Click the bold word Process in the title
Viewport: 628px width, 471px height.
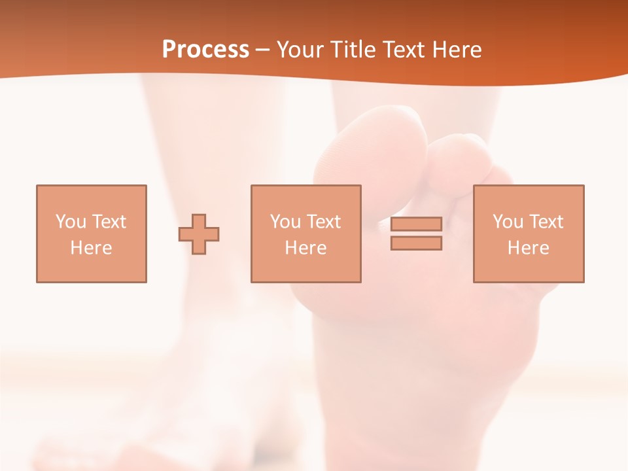(x=205, y=50)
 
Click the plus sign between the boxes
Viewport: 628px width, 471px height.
(x=199, y=234)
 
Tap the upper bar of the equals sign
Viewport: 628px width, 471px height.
(x=416, y=224)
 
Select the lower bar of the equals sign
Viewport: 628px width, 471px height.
(x=416, y=243)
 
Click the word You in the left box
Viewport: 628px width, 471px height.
(x=71, y=222)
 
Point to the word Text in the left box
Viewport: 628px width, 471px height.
(x=109, y=222)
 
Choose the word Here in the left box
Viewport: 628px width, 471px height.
(x=91, y=248)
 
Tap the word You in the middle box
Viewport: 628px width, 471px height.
(x=285, y=222)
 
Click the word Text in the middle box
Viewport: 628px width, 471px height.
(x=323, y=222)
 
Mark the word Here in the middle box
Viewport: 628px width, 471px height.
(x=305, y=248)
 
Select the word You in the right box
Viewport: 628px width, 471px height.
(x=508, y=222)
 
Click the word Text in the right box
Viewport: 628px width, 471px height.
(x=546, y=222)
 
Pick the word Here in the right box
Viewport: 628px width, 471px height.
(x=528, y=248)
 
